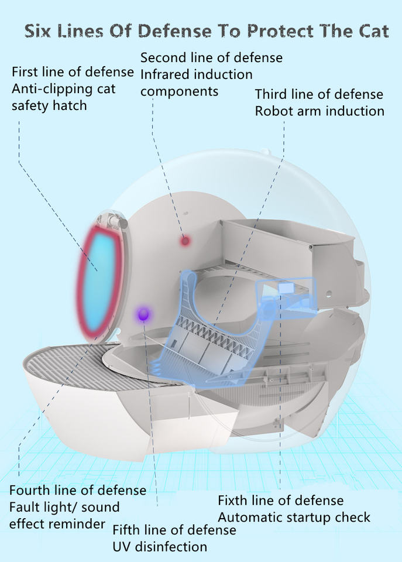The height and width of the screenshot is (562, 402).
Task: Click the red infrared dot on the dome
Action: (185, 240)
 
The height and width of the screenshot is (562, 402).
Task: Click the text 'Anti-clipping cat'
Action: (64, 89)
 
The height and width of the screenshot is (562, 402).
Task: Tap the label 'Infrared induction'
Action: (197, 74)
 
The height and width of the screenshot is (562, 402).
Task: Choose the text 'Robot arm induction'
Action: (319, 111)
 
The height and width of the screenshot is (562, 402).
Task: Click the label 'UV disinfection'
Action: (160, 547)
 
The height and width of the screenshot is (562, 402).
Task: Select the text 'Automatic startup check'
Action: (294, 518)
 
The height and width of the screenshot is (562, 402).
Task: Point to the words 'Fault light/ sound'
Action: (64, 507)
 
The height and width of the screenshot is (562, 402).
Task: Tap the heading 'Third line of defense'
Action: (319, 94)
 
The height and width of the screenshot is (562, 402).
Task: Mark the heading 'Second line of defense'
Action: (211, 58)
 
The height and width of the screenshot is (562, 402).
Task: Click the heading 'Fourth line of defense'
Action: (78, 490)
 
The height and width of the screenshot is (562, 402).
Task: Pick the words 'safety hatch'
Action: (49, 106)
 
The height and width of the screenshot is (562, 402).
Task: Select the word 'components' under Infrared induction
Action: (179, 91)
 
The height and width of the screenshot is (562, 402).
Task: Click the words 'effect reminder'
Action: (57, 523)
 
